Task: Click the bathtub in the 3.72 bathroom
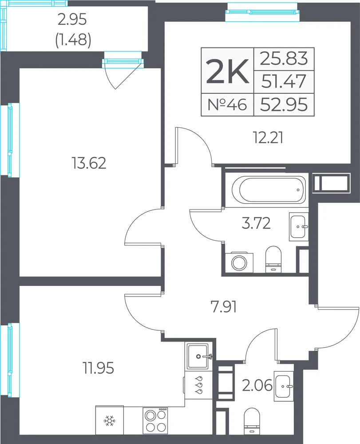268,190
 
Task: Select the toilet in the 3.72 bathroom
273,259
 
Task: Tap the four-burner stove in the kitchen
155,420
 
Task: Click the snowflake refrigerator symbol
110,420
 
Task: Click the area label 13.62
89,163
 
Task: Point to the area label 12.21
268,138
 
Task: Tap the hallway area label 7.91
224,307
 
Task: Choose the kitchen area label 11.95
99,368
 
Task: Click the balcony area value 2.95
72,20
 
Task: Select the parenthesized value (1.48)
73,40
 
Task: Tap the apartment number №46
227,104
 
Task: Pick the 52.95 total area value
284,104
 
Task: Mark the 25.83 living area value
284,59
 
